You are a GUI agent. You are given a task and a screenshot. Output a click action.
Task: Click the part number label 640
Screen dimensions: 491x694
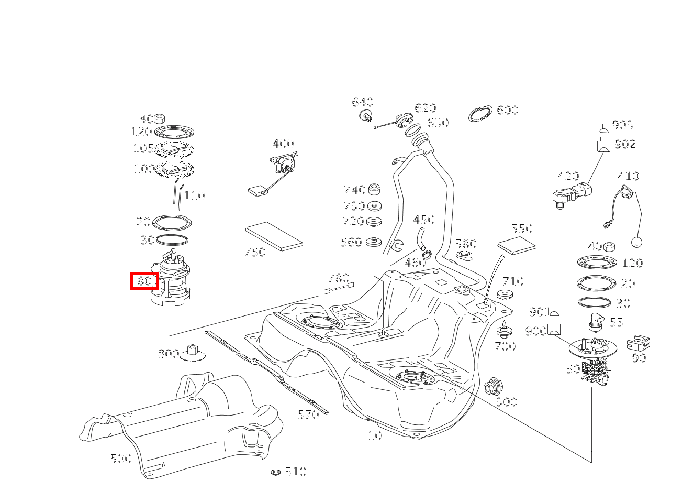(362, 102)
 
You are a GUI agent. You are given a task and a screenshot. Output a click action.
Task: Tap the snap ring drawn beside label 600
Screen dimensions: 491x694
(480, 114)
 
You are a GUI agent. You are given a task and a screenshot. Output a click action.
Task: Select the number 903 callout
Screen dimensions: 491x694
(622, 125)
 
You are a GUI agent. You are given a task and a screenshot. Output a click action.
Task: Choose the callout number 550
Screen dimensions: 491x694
(521, 228)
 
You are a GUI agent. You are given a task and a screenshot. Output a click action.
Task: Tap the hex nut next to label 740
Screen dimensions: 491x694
(374, 190)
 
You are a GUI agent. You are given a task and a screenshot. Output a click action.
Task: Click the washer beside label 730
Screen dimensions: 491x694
(374, 206)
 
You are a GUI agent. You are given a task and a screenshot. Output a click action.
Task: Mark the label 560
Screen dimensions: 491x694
(351, 242)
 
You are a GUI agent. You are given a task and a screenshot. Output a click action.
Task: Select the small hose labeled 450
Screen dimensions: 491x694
(420, 238)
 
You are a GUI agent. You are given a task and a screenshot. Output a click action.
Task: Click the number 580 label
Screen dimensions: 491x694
(465, 244)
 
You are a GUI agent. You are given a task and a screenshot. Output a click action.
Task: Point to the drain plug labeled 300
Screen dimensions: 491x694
(493, 387)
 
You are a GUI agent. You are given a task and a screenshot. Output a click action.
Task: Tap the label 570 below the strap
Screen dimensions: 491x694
(308, 415)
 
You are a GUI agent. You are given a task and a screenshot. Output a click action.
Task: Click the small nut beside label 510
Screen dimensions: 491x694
(276, 472)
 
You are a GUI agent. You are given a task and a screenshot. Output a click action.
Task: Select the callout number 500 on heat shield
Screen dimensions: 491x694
(121, 459)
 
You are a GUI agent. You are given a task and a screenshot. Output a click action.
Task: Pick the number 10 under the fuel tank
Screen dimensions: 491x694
(375, 435)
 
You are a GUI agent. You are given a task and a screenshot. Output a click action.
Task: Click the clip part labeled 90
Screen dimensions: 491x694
(639, 343)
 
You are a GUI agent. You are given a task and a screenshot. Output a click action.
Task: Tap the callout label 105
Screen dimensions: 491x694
(143, 148)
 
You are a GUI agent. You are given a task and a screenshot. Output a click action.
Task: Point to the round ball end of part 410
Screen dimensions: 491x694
(637, 242)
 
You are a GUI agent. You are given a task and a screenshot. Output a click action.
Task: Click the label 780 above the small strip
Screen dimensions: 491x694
(338, 277)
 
